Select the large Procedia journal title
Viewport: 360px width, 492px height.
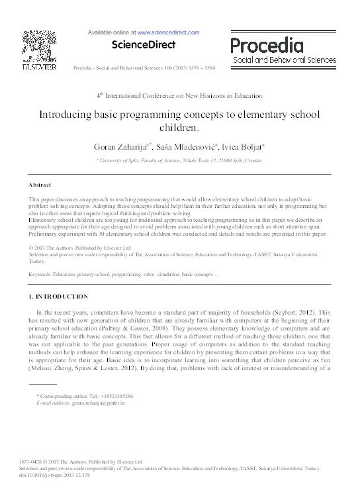tap(267, 45)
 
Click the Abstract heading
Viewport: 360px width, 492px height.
tap(41, 184)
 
